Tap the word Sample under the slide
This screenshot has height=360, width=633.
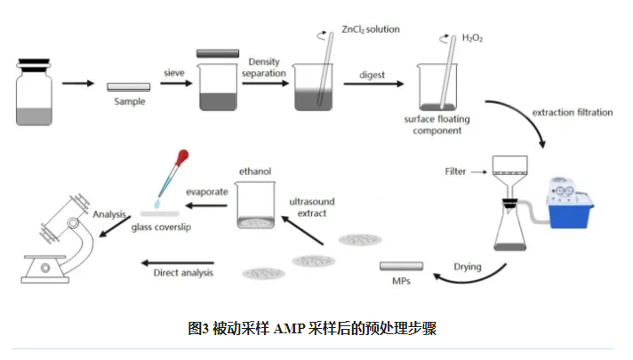(129, 101)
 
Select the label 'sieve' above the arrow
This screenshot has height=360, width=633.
(172, 71)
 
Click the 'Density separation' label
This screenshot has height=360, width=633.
(265, 67)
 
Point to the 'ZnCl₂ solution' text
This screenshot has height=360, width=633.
(371, 29)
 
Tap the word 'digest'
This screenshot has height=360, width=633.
(373, 75)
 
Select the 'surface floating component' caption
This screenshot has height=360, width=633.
(437, 124)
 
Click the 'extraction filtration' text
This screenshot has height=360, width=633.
(573, 113)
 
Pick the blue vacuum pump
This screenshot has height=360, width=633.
(564, 202)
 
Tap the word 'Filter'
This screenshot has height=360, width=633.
(456, 170)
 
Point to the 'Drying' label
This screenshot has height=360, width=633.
(468, 266)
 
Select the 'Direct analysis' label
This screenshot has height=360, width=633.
(184, 273)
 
